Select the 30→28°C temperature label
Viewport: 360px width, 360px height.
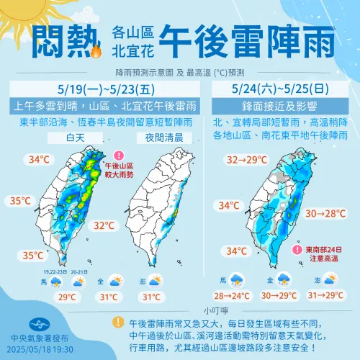(325, 213)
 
